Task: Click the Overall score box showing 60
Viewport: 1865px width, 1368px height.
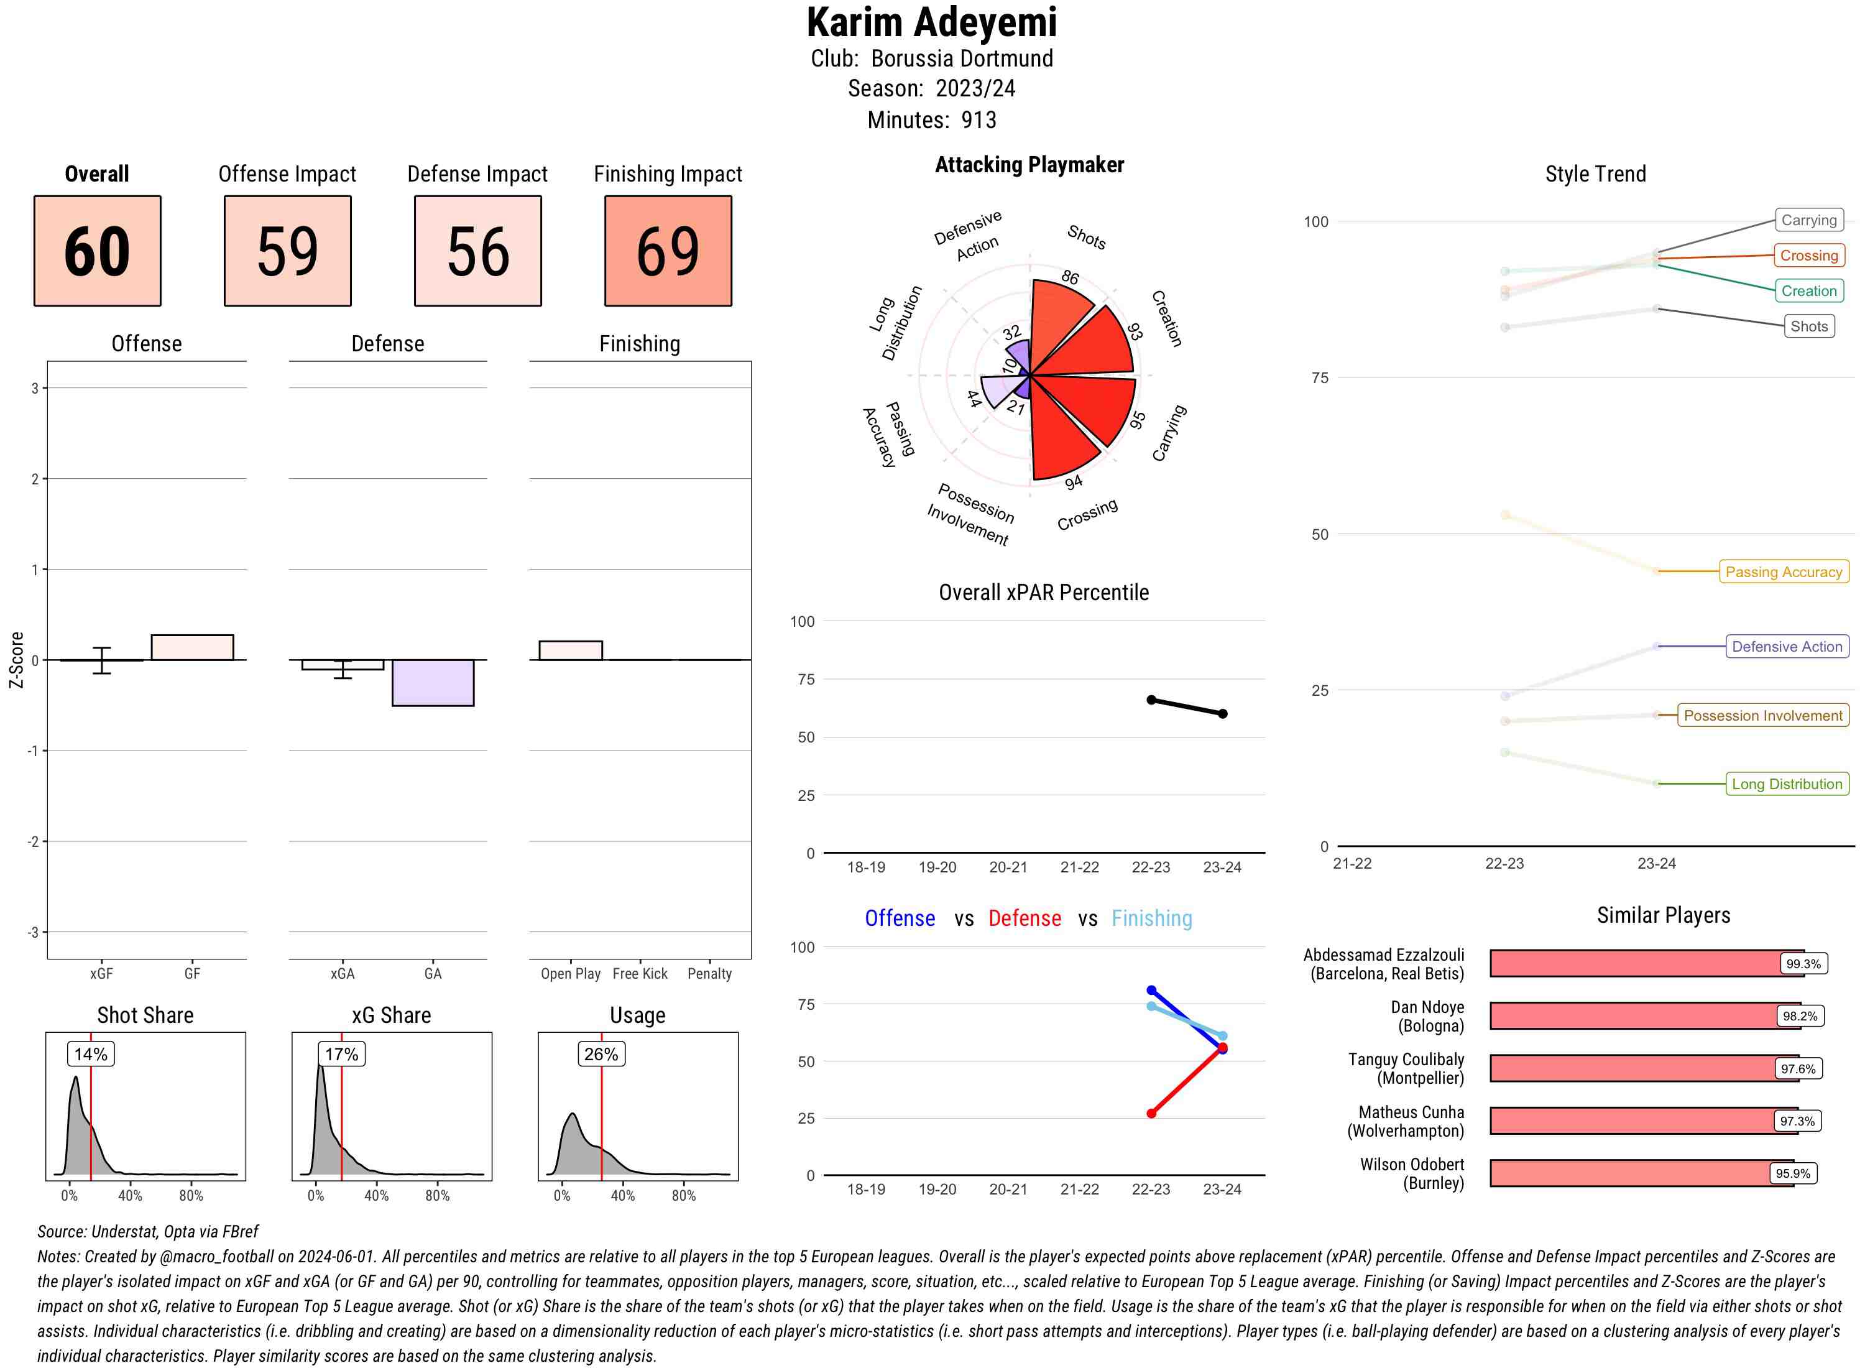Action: click(x=97, y=251)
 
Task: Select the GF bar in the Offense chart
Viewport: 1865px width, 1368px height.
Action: click(x=192, y=647)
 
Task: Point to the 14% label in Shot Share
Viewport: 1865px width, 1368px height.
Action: click(x=90, y=1054)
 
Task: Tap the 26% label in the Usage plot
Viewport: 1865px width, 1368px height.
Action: click(x=601, y=1054)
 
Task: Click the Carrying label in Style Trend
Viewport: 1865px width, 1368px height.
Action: click(x=1808, y=220)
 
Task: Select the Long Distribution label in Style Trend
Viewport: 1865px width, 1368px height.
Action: click(x=1787, y=783)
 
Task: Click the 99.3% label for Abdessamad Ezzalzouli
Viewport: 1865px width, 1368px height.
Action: click(x=1803, y=964)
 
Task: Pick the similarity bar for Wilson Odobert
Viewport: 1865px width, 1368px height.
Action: click(x=1641, y=1173)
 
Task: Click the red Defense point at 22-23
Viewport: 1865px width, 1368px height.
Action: click(x=1151, y=1114)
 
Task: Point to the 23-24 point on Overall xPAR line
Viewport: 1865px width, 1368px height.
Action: click(x=1223, y=714)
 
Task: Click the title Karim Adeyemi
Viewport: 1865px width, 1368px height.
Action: click(x=931, y=22)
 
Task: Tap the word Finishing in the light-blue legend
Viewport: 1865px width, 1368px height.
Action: click(x=1151, y=918)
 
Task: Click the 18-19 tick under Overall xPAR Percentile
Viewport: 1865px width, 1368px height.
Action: click(x=866, y=867)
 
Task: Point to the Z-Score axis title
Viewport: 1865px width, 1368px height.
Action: click(x=16, y=660)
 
